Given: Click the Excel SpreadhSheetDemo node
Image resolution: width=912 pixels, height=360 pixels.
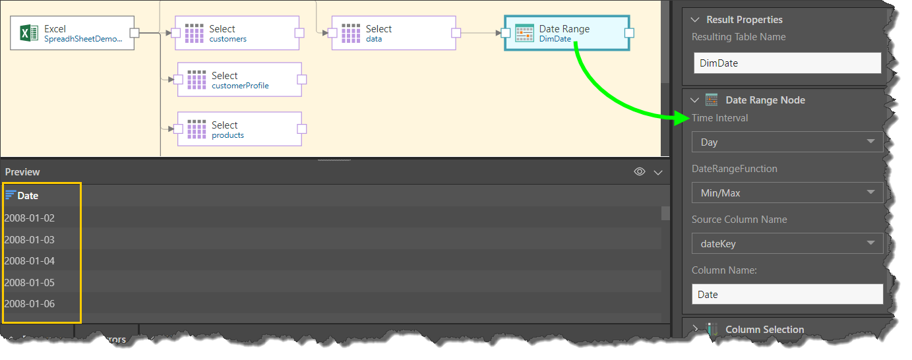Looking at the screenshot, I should click(73, 33).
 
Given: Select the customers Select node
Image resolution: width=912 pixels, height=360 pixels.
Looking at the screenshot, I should click(237, 33).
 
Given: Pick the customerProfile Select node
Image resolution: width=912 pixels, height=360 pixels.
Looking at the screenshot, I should click(239, 80).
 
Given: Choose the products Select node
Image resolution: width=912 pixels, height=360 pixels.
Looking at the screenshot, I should click(239, 129).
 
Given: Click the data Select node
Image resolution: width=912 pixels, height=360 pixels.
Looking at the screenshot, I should click(393, 33).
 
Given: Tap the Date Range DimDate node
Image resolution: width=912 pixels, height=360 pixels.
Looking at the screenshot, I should click(566, 33).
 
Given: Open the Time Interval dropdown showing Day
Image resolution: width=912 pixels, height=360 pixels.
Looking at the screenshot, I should click(787, 142).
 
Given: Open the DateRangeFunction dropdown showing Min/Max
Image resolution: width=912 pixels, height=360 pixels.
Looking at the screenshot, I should click(787, 193).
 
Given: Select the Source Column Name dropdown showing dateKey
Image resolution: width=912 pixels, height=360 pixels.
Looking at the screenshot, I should click(787, 243).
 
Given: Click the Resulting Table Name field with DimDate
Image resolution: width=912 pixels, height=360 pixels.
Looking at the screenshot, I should click(787, 63).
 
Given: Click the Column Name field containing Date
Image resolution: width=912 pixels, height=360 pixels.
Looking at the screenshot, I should click(787, 294).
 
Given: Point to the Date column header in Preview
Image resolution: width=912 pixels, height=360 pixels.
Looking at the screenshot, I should click(28, 195).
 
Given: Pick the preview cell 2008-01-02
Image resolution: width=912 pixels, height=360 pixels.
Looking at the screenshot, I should click(30, 218).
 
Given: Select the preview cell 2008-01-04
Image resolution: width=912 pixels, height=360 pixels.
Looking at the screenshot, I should click(30, 260).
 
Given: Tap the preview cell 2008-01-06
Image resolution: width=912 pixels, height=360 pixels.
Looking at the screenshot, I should click(30, 303).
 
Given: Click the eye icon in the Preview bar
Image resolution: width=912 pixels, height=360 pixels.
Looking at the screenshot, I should click(639, 171).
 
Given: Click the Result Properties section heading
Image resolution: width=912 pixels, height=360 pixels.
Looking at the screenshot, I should click(745, 20).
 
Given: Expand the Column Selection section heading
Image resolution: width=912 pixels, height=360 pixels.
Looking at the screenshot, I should click(764, 329).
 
